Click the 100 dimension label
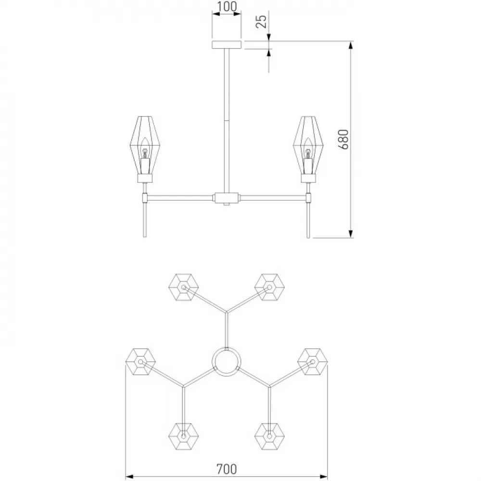pyautogui.click(x=227, y=6)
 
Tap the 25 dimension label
pyautogui.click(x=261, y=21)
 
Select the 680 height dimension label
pyautogui.click(x=343, y=139)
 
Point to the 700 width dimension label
pyautogui.click(x=227, y=469)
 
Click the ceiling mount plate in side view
pyautogui.click(x=227, y=45)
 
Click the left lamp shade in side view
pyautogui.click(x=145, y=146)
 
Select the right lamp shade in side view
pyautogui.click(x=308, y=146)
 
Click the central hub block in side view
pyautogui.click(x=227, y=198)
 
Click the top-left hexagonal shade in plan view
pyautogui.click(x=183, y=288)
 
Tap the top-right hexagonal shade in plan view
pyautogui.click(x=269, y=288)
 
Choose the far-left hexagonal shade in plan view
pyautogui.click(x=140, y=362)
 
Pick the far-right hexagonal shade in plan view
pyautogui.click(x=313, y=362)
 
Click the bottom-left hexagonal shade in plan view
pyautogui.click(x=183, y=436)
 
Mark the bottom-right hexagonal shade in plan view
pyautogui.click(x=269, y=436)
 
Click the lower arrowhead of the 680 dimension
pyautogui.click(x=351, y=234)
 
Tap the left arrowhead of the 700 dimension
pyautogui.click(x=130, y=476)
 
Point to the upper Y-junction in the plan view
pyautogui.click(x=227, y=312)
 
